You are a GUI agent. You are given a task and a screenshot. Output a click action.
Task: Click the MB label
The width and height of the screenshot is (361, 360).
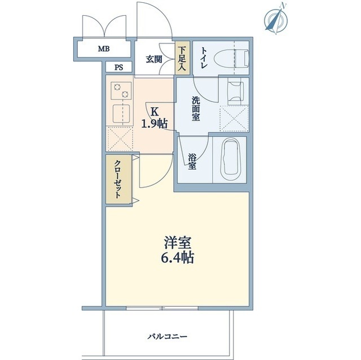[103, 49]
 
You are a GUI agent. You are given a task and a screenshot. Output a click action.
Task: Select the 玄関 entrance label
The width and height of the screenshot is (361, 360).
[154, 59]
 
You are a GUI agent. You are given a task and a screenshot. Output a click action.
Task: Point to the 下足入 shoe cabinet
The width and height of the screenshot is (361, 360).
[182, 59]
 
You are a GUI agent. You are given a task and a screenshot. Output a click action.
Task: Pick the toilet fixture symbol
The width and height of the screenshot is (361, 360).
[236, 57]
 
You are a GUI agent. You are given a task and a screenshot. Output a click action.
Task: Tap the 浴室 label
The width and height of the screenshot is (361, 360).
[192, 159]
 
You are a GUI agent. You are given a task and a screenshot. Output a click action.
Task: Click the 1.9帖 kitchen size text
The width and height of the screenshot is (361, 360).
[153, 123]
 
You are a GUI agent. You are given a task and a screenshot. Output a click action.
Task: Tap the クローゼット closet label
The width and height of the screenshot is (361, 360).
[118, 179]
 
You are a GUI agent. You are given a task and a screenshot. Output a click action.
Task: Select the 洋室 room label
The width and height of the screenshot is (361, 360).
[179, 243]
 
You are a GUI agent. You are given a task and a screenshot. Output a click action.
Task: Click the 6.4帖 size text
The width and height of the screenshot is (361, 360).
[179, 259]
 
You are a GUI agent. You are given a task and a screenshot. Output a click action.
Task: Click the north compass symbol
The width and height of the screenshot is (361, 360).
[276, 18]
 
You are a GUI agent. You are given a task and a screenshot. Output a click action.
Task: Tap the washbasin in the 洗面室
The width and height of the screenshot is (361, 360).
[235, 91]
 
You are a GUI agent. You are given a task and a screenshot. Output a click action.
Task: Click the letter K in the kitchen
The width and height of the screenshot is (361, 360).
[153, 111]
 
